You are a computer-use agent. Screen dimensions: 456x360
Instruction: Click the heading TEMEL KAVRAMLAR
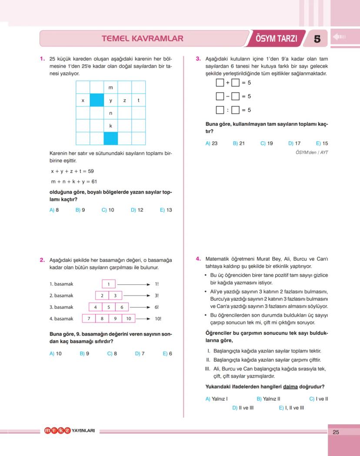click(x=142, y=39)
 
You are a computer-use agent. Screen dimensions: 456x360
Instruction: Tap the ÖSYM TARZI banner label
click(x=276, y=39)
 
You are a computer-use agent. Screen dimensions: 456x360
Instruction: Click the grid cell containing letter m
click(x=110, y=88)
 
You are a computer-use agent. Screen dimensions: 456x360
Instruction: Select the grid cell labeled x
click(x=83, y=100)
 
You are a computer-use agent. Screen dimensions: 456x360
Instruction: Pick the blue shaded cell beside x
click(x=97, y=100)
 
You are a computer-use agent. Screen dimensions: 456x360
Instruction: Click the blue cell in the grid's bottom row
click(x=110, y=139)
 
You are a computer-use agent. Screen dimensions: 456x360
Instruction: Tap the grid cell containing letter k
click(x=110, y=126)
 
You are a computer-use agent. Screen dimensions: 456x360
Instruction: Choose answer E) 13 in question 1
click(x=166, y=210)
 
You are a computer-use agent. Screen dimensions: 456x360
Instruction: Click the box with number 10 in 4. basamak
click(x=128, y=319)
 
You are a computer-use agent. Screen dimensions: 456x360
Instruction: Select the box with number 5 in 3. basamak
click(x=109, y=307)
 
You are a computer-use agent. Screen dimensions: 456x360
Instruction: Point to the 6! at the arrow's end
click(x=157, y=307)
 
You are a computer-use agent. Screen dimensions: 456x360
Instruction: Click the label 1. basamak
click(x=61, y=284)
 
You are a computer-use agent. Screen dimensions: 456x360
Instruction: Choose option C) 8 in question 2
click(x=112, y=354)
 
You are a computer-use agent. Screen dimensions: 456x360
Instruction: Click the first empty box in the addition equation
click(x=220, y=83)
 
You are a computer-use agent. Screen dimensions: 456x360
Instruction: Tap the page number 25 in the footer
click(x=336, y=432)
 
